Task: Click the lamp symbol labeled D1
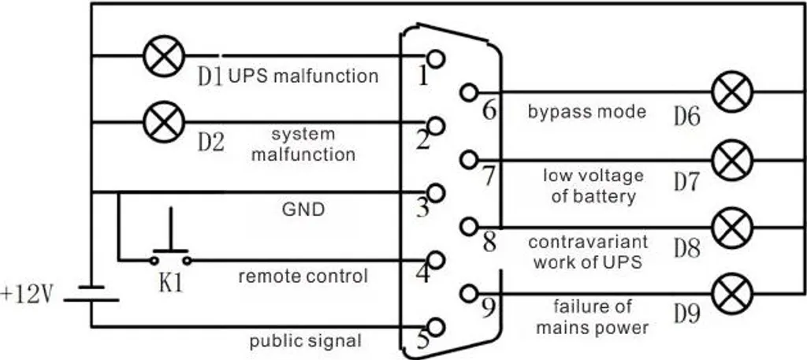click(164, 56)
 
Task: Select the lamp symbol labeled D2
click(164, 122)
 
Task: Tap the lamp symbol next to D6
click(732, 92)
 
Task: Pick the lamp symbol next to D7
click(732, 160)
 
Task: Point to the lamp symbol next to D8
click(732, 228)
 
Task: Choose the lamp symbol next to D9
click(732, 294)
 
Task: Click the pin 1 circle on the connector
click(436, 58)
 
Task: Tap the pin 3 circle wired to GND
click(436, 193)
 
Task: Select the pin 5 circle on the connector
click(436, 327)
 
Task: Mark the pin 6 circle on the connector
click(469, 93)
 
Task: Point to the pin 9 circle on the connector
click(469, 294)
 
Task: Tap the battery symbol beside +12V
click(91, 293)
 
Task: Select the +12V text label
click(27, 295)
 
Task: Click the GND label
click(303, 210)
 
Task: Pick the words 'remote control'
click(303, 276)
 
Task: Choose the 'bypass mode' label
click(586, 112)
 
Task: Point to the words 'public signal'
click(305, 341)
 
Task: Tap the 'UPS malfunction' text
click(303, 76)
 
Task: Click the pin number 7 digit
click(489, 176)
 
